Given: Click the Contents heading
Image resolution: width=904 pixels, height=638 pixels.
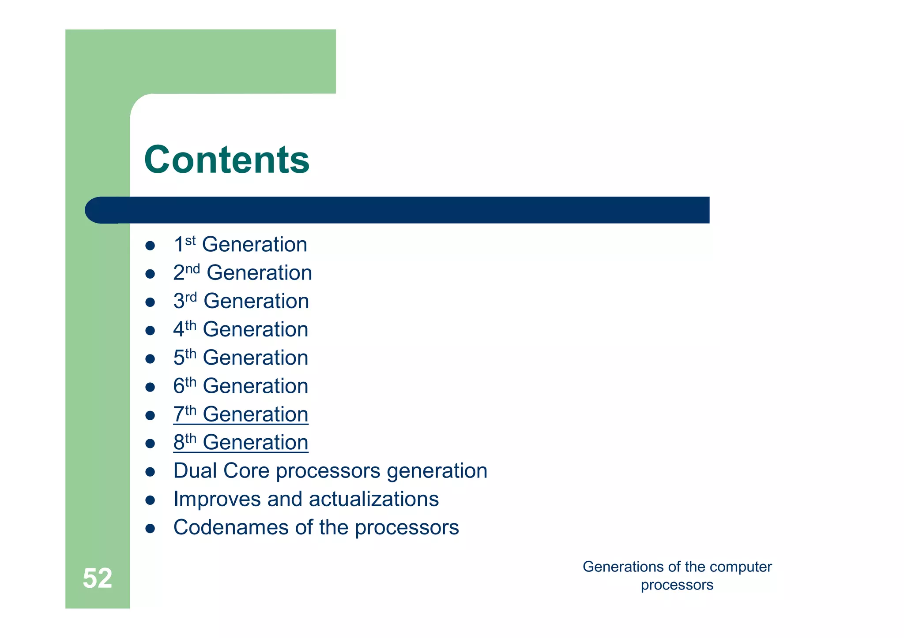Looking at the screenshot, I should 226,160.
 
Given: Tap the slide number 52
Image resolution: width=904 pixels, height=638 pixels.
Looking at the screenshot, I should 98,578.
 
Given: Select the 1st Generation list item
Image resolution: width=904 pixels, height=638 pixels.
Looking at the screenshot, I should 240,245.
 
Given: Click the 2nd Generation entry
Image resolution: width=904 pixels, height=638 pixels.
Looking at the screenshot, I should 242,273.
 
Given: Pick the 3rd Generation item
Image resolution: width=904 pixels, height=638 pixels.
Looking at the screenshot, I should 241,301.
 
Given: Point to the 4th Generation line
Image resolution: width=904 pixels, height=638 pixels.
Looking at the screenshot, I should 241,329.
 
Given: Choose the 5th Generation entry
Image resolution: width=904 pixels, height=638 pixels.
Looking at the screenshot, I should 241,358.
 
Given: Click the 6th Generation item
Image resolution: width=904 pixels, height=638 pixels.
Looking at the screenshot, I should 241,386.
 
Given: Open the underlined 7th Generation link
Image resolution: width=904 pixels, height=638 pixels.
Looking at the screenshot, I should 241,414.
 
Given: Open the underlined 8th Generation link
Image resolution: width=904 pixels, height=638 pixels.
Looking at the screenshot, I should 241,443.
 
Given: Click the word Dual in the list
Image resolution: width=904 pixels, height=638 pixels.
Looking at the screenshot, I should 195,471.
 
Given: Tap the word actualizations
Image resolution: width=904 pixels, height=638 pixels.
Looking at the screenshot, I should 373,499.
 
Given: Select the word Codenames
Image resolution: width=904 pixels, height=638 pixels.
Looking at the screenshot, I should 230,527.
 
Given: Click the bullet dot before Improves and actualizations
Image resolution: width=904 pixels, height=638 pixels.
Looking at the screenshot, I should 150,500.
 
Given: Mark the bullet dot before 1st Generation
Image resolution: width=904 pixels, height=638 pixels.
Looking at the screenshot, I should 150,246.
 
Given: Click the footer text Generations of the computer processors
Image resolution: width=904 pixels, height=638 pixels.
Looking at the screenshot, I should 677,575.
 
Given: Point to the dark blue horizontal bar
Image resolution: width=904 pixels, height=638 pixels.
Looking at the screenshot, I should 397,210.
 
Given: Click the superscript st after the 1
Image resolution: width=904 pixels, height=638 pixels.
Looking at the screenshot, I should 190,241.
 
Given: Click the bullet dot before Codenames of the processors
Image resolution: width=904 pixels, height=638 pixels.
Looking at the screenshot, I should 150,528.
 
